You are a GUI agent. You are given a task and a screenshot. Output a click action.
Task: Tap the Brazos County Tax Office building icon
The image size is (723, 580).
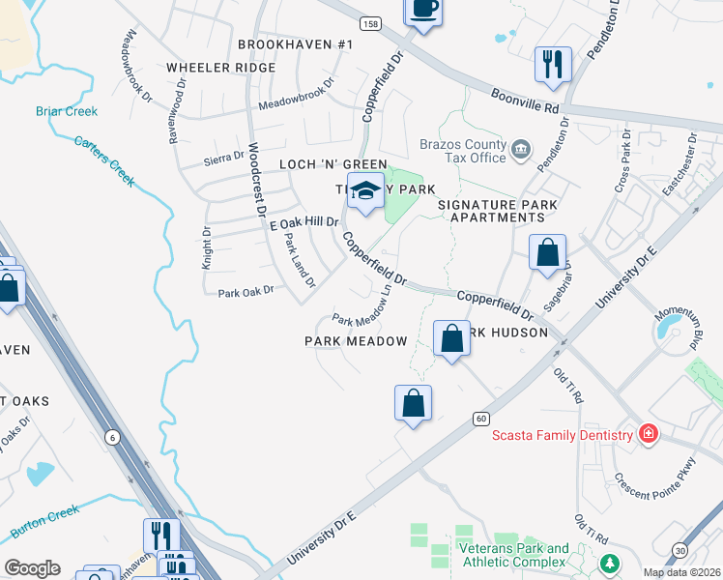522,149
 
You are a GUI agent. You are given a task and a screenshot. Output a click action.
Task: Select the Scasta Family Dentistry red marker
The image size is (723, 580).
648,435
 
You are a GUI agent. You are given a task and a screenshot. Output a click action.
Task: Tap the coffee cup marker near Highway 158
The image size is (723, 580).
422,10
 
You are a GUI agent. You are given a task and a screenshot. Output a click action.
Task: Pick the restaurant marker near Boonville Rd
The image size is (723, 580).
553,64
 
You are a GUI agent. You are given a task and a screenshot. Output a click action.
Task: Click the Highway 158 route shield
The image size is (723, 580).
369,22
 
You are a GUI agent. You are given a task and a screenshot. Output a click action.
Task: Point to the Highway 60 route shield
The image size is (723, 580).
480,419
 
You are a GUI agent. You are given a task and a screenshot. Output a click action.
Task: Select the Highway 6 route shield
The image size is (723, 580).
113,438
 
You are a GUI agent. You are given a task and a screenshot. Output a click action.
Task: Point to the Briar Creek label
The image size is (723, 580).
67,111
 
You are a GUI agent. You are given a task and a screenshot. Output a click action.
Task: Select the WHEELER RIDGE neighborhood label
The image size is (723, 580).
213,68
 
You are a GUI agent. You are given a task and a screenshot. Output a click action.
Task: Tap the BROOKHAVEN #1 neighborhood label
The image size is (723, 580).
296,45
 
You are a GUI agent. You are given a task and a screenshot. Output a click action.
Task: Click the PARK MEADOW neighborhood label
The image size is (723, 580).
356,341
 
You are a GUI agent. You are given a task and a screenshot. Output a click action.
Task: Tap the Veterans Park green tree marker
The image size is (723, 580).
609,562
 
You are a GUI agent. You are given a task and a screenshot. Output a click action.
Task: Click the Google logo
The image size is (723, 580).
32,567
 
